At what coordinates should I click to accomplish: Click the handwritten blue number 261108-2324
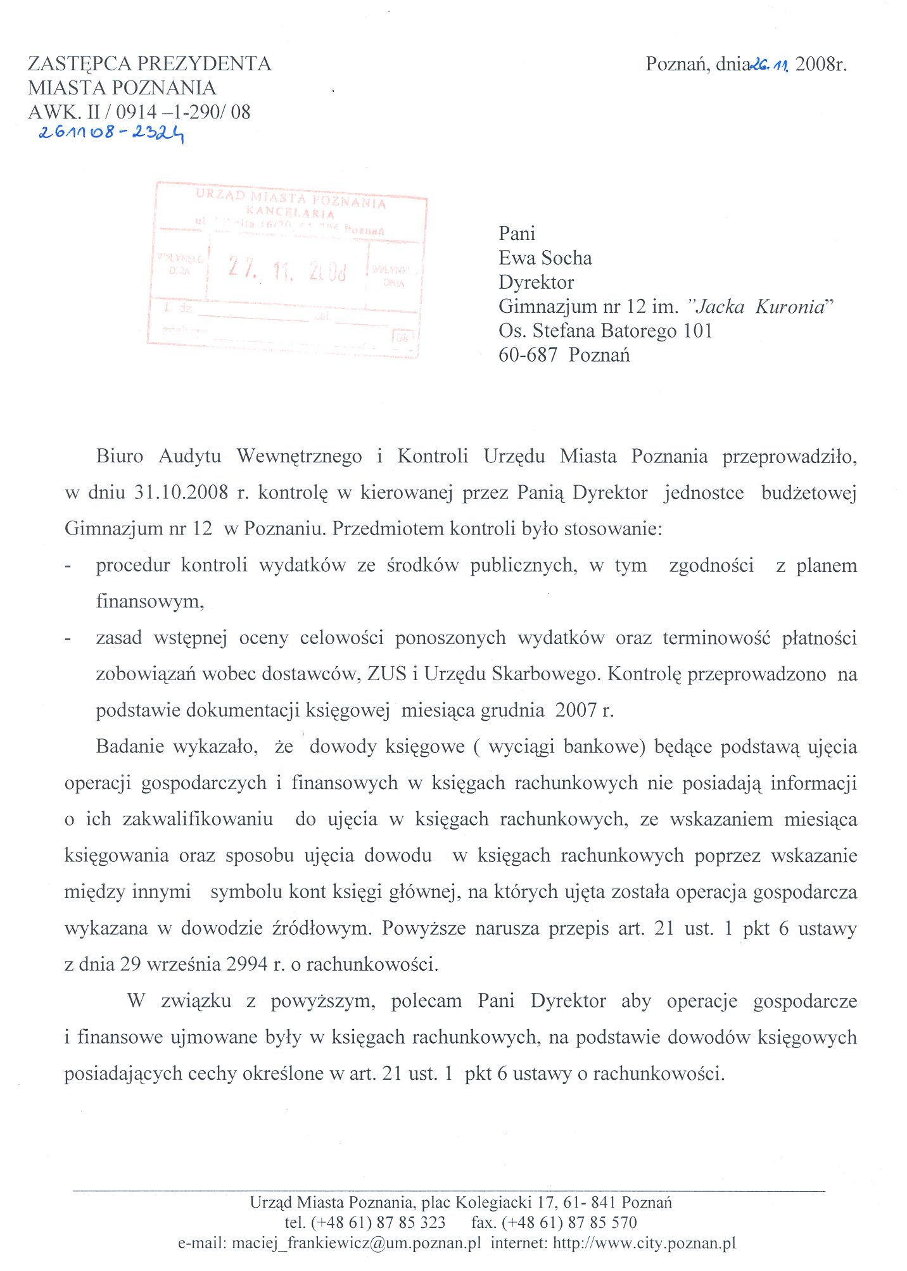(111, 134)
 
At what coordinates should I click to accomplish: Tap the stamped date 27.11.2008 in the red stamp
(288, 270)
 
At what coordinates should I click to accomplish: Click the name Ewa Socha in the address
(545, 258)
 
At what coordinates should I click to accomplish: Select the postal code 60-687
(527, 355)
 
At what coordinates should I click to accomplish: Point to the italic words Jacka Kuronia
(761, 307)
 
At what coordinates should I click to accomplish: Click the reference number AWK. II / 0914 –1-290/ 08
(139, 112)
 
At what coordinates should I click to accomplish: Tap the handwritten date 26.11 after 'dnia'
(769, 65)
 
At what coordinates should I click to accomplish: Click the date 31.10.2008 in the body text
(181, 493)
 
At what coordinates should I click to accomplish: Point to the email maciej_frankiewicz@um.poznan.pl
(356, 1243)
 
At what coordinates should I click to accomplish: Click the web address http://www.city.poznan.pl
(644, 1243)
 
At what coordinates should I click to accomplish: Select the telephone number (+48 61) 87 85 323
(378, 1222)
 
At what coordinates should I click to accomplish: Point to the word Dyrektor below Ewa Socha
(536, 282)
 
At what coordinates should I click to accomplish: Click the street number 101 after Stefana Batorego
(697, 331)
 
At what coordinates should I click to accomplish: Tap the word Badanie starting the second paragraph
(130, 747)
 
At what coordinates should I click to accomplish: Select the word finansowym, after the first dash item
(150, 601)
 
